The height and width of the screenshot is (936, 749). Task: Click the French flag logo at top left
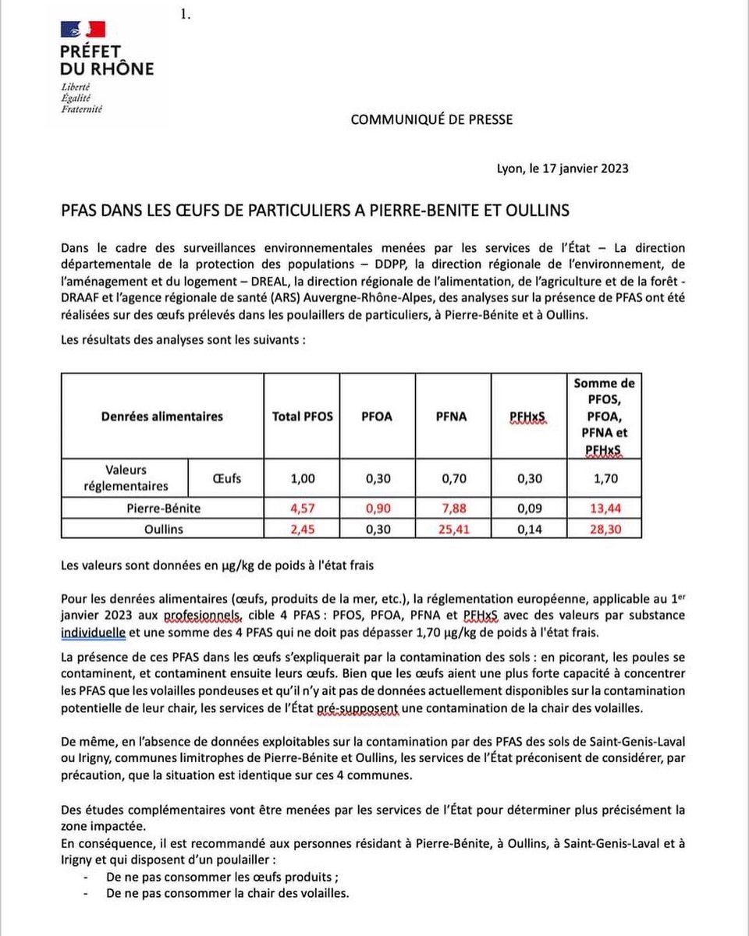[x=83, y=30]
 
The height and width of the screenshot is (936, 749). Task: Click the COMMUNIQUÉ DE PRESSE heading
[x=431, y=119]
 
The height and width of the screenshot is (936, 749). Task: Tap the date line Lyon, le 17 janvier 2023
[x=563, y=168]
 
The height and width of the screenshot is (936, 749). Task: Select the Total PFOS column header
[x=302, y=417]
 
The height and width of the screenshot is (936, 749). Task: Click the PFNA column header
[x=451, y=417]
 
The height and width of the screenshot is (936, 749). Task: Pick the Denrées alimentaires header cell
[x=162, y=417]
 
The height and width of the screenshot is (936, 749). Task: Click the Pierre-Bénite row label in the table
[x=162, y=508]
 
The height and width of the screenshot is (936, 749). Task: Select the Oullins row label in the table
[x=162, y=528]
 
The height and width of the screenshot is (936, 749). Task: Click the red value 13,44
[x=604, y=508]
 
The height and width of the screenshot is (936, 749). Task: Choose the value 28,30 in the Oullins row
[x=604, y=528]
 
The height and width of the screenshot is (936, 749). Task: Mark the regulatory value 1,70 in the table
[x=604, y=479]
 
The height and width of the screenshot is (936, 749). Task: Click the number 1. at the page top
[x=186, y=13]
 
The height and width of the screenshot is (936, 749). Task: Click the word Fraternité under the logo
[x=82, y=109]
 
